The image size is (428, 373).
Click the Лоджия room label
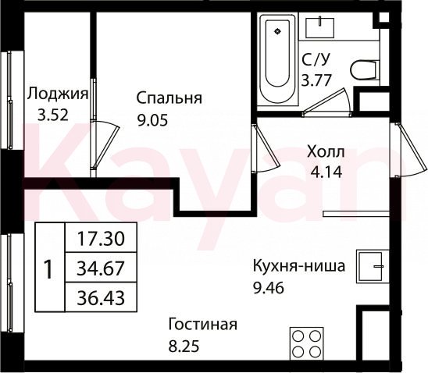[x=58, y=95]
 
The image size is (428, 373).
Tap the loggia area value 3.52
[x=52, y=115]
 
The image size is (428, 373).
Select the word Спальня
[x=169, y=98]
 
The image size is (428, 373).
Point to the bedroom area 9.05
[x=152, y=120]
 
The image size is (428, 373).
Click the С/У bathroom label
[x=316, y=59]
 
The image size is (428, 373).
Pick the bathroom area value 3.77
[x=316, y=80]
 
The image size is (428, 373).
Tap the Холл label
[x=326, y=151]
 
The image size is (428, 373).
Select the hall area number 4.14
[x=326, y=172]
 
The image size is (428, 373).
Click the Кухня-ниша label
[x=299, y=266]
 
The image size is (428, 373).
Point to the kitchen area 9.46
[x=269, y=288]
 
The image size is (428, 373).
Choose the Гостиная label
[x=203, y=325]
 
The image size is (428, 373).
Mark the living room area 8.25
[x=184, y=346]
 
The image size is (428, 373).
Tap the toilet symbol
[x=365, y=69]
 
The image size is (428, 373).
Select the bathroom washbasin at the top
[x=319, y=27]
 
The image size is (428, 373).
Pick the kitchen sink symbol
[x=373, y=266]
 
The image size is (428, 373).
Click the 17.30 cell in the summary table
[x=101, y=238]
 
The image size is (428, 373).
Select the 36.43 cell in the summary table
[x=101, y=297]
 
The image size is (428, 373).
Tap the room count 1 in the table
[x=49, y=269]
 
